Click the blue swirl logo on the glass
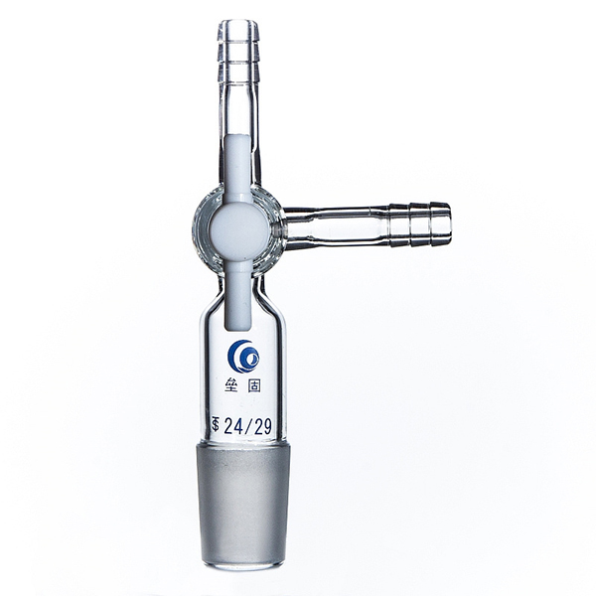click(x=243, y=357)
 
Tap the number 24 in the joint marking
click(x=233, y=427)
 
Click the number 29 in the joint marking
click(x=262, y=427)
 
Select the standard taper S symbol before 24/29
click(x=216, y=425)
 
